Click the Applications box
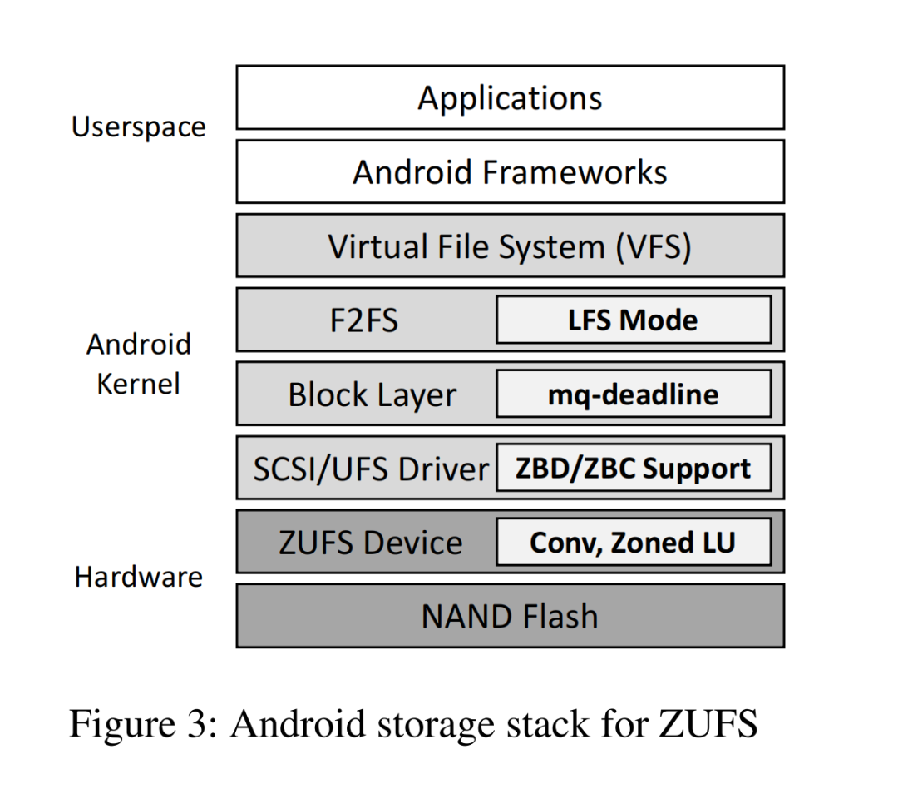click(x=510, y=98)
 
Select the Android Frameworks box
click(x=510, y=172)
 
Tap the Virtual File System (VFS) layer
click(x=510, y=246)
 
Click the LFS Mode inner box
click(x=633, y=320)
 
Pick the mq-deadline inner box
click(x=633, y=394)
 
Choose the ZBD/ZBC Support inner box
click(x=633, y=469)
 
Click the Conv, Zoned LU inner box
click(x=633, y=543)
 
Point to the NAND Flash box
click(x=510, y=616)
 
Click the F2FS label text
click(x=364, y=320)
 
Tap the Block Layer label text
click(x=372, y=394)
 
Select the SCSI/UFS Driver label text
click(x=370, y=469)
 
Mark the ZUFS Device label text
click(x=370, y=543)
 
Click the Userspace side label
click(x=138, y=127)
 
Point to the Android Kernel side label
click(x=138, y=364)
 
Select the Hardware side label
click(x=138, y=577)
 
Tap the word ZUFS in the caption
click(x=708, y=723)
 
